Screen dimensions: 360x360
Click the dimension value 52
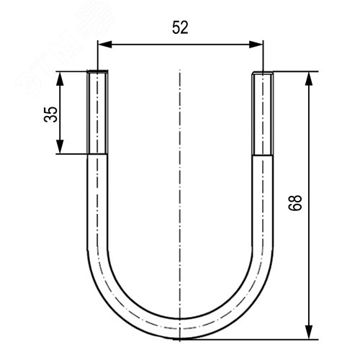pyautogui.click(x=180, y=28)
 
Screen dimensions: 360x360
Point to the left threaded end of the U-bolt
pyautogui.click(x=98, y=112)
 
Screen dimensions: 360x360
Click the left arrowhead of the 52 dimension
pyautogui.click(x=102, y=45)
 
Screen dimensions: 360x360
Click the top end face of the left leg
pyautogui.click(x=98, y=71)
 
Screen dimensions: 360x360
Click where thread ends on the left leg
pyautogui.click(x=98, y=153)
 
